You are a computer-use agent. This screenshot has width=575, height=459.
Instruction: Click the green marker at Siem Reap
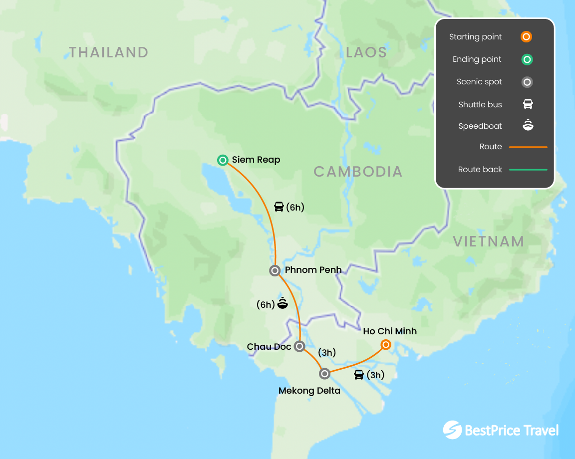[x=223, y=160]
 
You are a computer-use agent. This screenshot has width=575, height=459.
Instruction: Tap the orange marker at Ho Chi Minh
[x=386, y=345]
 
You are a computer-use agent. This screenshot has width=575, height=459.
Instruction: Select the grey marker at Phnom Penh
[x=275, y=270]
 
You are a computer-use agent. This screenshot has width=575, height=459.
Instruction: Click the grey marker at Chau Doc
[x=299, y=346]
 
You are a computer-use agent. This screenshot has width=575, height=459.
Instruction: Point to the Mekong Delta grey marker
[x=324, y=373]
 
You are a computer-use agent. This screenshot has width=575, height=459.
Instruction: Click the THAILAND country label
[x=108, y=52]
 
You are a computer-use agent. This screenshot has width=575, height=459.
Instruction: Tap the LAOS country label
[x=366, y=52]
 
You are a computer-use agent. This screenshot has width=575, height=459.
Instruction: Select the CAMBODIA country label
[x=358, y=172]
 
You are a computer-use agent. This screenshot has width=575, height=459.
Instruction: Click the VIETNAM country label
[x=488, y=241]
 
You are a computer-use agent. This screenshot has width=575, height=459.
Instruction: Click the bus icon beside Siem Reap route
[x=279, y=207]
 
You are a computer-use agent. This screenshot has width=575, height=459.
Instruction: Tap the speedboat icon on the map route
[x=283, y=303]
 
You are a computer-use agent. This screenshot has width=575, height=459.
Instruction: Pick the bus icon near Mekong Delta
[x=359, y=375]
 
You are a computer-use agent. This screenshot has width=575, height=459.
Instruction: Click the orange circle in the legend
[x=526, y=37]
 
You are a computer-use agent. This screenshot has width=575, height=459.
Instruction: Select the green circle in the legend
[x=527, y=59]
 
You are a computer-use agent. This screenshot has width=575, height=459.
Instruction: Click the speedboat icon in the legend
[x=528, y=126]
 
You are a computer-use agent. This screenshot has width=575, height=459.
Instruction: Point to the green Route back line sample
[x=528, y=170]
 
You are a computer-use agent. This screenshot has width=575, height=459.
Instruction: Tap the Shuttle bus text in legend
[x=480, y=104]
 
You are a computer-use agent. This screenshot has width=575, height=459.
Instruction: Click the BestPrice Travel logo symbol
[x=452, y=430]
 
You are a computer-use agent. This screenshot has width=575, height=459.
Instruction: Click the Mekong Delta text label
[x=309, y=391]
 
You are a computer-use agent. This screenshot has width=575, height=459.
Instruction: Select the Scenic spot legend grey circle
[x=527, y=82]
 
